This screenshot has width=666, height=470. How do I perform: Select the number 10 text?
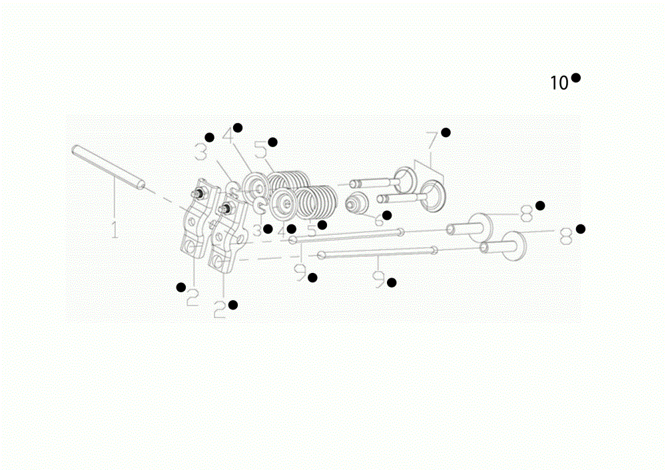(559, 83)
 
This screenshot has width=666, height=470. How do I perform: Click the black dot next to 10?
(576, 78)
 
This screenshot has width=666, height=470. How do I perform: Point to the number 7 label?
(432, 140)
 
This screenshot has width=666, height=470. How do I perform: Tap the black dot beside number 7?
(446, 132)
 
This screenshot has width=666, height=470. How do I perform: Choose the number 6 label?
(379, 220)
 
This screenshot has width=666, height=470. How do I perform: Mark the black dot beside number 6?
(387, 215)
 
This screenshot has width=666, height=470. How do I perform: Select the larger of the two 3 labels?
(201, 152)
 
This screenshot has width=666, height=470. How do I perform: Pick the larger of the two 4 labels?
(228, 136)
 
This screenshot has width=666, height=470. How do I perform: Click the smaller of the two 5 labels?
(312, 230)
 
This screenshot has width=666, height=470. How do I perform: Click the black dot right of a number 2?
(232, 304)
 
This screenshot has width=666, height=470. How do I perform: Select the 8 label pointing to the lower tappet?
(566, 236)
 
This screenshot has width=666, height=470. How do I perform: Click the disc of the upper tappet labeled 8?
(479, 227)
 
